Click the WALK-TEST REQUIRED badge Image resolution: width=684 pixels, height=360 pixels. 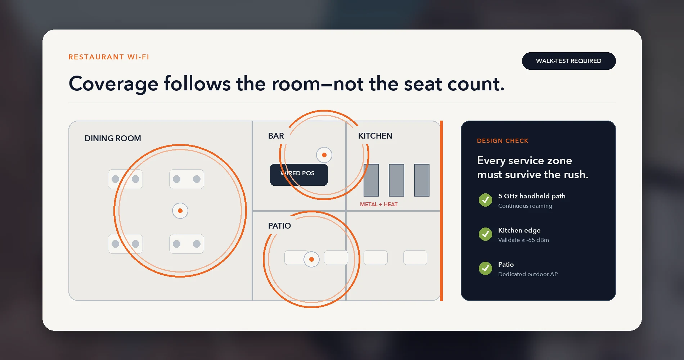[569, 61]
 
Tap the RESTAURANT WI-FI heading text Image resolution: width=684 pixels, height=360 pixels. [109, 57]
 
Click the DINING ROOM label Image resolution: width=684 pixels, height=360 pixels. [113, 138]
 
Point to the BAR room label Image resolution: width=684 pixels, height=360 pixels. [276, 136]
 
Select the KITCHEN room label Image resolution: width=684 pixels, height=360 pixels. [375, 136]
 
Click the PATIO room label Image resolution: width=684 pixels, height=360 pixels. [279, 226]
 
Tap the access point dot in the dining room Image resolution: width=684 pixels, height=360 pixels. [180, 211]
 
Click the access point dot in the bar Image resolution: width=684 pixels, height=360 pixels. [324, 155]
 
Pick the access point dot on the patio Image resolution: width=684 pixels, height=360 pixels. [311, 259]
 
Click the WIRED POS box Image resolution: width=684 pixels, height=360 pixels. [299, 175]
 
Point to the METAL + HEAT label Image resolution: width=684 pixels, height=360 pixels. [379, 204]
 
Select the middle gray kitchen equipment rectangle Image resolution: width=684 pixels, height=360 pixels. [396, 180]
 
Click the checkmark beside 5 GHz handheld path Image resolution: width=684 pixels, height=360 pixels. [485, 200]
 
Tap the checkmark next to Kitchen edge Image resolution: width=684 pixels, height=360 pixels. [485, 234]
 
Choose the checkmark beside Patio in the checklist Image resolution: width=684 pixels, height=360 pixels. [485, 268]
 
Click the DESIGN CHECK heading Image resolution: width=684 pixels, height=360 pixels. [503, 141]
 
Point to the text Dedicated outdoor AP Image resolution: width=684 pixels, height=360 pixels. [528, 274]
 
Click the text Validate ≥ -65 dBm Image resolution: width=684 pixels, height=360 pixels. [523, 240]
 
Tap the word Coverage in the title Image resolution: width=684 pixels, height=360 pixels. [113, 84]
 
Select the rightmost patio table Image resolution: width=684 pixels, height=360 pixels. [415, 257]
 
